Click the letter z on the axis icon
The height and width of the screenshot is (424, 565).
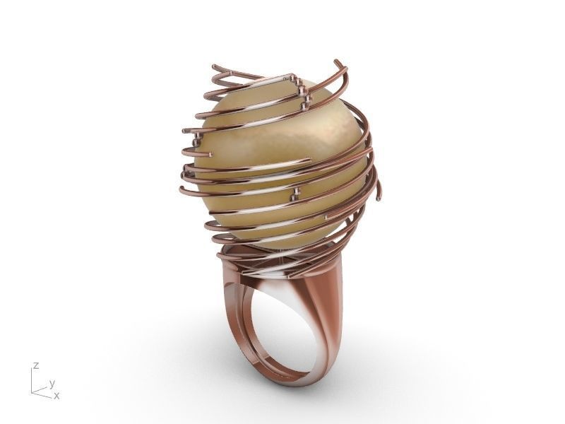(x=35, y=366)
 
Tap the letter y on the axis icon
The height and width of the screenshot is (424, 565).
(x=52, y=383)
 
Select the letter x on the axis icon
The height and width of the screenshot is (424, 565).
(x=56, y=396)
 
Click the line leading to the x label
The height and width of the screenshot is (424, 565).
(x=42, y=394)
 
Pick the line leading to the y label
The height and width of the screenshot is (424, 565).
(x=40, y=388)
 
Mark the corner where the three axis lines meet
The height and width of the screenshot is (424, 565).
(x=32, y=391)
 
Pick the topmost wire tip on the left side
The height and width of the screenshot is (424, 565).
(x=215, y=68)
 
